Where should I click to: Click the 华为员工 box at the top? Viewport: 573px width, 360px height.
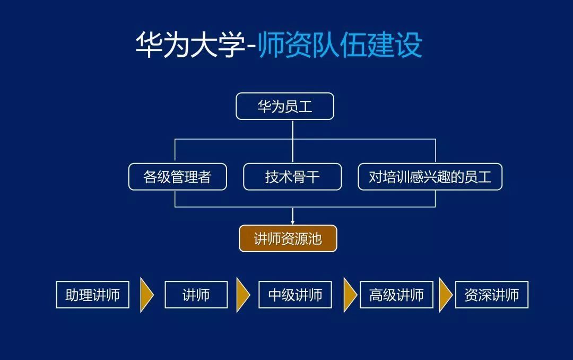[285, 107]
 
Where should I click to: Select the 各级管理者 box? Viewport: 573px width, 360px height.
[178, 177]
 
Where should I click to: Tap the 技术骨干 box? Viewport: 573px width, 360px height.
[292, 177]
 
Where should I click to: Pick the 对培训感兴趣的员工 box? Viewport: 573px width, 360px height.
[430, 177]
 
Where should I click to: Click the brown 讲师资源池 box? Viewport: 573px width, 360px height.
[288, 238]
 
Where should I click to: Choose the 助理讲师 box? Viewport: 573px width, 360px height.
[93, 295]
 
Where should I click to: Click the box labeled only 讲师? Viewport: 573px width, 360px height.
[196, 295]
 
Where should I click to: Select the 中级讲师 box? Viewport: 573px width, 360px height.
[296, 295]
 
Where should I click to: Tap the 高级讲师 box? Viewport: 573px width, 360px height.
[396, 295]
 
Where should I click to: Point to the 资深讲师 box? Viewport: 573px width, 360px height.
[492, 295]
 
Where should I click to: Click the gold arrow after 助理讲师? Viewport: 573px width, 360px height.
[146, 295]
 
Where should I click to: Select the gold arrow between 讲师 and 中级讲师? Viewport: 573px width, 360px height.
[243, 295]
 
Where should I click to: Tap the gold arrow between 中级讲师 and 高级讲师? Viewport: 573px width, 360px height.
[350, 295]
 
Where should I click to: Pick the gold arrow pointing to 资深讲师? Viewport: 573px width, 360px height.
[446, 295]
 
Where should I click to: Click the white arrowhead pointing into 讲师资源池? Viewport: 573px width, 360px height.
[292, 222]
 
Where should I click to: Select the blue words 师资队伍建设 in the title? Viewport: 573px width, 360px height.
[340, 45]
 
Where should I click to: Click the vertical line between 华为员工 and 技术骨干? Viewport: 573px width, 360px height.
[293, 142]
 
